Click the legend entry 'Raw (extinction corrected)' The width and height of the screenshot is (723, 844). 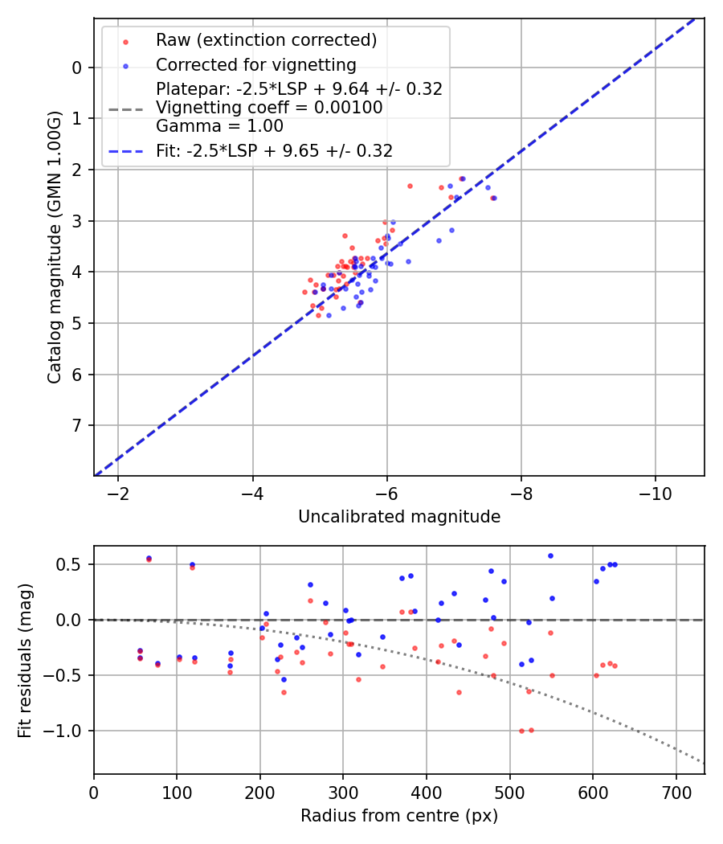(x=266, y=40)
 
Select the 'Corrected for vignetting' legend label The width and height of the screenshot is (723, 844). (x=255, y=64)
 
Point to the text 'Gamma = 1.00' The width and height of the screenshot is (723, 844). (x=219, y=125)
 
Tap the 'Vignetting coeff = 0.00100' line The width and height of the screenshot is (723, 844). (x=269, y=108)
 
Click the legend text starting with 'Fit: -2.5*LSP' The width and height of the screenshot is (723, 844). (x=274, y=150)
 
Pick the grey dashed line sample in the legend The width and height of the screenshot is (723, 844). (x=125, y=108)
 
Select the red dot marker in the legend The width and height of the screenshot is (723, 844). (x=125, y=40)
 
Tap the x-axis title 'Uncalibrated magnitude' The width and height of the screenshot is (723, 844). (x=399, y=517)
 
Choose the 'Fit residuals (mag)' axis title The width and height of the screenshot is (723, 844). (x=25, y=660)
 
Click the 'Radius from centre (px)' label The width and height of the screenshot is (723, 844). (x=399, y=816)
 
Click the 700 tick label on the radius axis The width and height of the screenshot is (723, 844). (x=676, y=791)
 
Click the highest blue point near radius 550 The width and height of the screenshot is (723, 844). (x=550, y=555)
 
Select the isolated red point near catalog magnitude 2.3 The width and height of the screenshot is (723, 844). (x=409, y=186)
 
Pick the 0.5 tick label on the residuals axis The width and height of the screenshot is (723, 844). (x=72, y=564)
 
